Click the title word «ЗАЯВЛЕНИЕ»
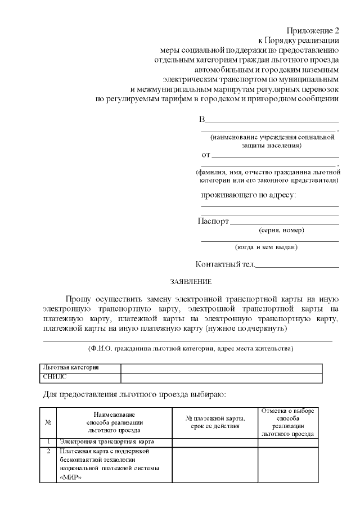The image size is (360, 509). point(191,281)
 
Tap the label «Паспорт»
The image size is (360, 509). point(213,221)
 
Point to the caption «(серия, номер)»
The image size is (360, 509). point(281,231)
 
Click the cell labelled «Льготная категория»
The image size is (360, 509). point(71,367)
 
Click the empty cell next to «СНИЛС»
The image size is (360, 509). point(222,376)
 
